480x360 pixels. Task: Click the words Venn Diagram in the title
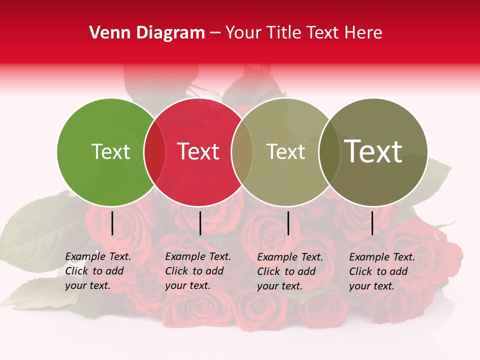pos(147,33)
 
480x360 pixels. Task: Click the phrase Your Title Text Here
pos(303,33)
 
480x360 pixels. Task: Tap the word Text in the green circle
pos(110,151)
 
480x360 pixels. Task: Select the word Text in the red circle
pos(198,151)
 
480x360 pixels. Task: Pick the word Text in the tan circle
pos(285,151)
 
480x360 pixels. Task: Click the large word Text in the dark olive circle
pos(373,151)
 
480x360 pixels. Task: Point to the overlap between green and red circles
pos(154,152)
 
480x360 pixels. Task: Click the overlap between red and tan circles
pos(241,152)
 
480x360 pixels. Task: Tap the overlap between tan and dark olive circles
pos(329,152)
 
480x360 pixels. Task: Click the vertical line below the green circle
pos(112,223)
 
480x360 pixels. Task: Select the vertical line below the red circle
pos(200,223)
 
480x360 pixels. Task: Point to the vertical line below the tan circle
pos(288,223)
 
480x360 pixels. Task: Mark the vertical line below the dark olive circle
pos(372,223)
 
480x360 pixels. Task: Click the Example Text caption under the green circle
pos(98,271)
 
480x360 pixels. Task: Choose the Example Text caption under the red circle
pos(198,271)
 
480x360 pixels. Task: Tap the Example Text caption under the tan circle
pos(290,271)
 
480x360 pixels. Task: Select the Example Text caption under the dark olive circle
pos(382,271)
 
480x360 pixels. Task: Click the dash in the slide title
pos(215,33)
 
